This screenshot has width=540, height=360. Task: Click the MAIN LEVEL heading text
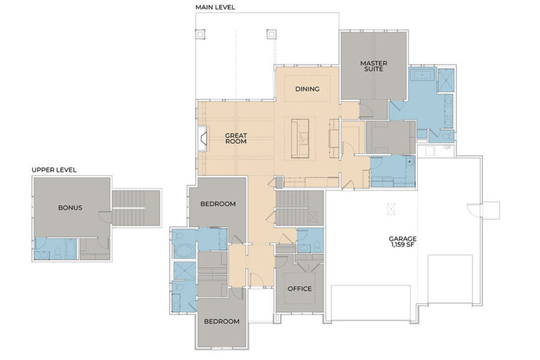click(x=215, y=7)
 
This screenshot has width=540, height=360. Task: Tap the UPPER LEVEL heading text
click(x=54, y=169)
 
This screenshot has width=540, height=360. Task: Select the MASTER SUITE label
click(x=373, y=67)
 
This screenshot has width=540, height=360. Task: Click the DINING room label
click(x=307, y=89)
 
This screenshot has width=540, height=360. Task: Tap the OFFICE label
click(x=300, y=289)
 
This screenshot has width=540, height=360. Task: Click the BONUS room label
click(x=70, y=207)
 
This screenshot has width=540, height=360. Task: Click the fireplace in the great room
click(x=202, y=139)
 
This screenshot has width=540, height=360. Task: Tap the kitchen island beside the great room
click(x=300, y=137)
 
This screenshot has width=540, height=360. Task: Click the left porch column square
click(x=200, y=33)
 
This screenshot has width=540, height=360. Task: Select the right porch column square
click(x=271, y=33)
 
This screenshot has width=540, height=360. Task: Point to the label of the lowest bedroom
click(x=221, y=321)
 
